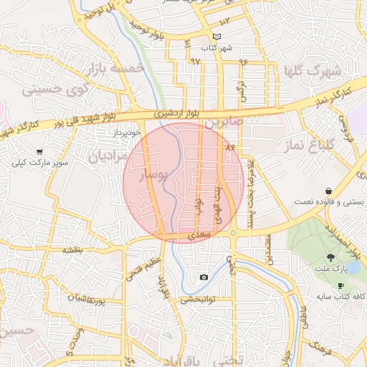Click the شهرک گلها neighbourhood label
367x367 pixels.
tap(314, 71)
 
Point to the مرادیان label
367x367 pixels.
tap(108, 154)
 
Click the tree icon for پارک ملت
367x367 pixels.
tap(330, 257)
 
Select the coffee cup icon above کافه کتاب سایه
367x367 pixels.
tap(340, 286)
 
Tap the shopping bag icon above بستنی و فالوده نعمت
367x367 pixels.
tap(328, 191)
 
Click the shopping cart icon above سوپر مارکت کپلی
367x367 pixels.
tap(39, 152)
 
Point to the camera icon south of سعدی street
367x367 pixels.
tap(204, 277)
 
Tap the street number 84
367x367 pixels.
tap(230, 147)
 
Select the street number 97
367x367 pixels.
tap(195, 61)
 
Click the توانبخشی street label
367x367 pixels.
tap(194, 300)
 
